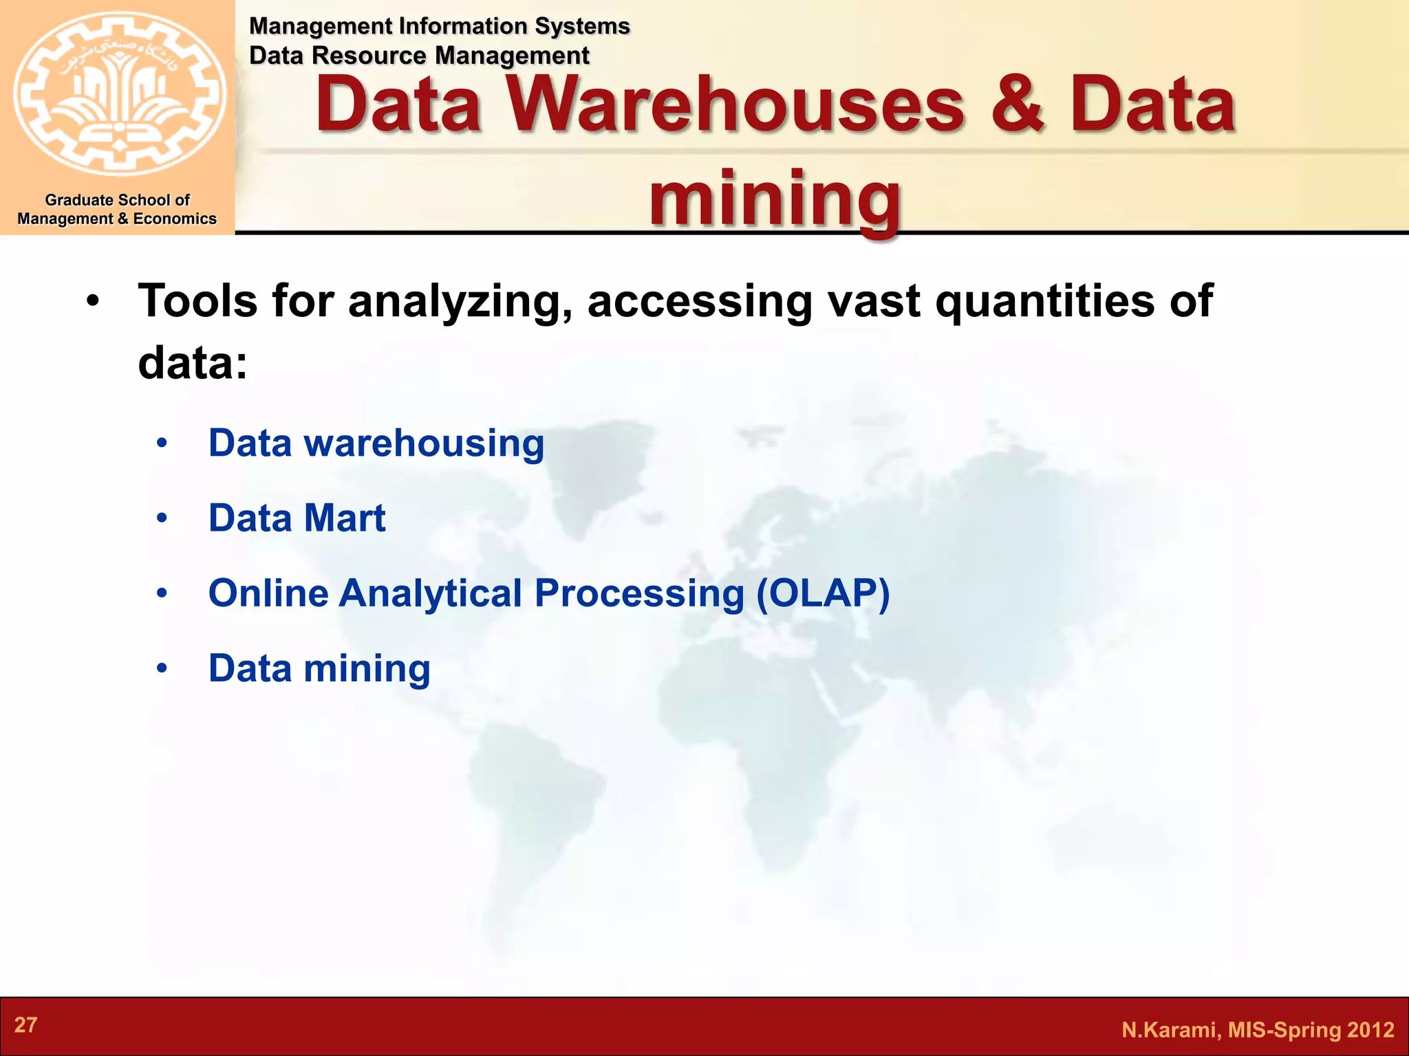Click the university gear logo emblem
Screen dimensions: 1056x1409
[119, 93]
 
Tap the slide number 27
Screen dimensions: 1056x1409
[25, 1025]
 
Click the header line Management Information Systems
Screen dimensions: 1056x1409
[439, 26]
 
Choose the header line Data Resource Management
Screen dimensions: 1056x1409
[419, 56]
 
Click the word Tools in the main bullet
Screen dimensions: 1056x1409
[198, 300]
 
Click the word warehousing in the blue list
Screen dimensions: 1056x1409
[424, 443]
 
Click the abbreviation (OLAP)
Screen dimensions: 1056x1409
[823, 593]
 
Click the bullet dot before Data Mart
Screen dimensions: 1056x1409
[162, 518]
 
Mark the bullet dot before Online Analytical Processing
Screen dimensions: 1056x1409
[162, 593]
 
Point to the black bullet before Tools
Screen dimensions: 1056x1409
[94, 302]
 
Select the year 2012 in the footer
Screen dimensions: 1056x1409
[1370, 1030]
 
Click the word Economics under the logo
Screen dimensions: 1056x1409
[175, 219]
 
